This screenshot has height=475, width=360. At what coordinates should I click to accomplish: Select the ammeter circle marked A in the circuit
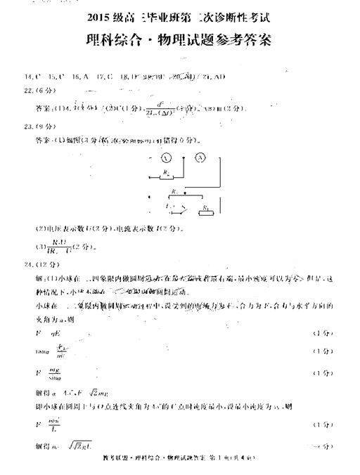point(200,157)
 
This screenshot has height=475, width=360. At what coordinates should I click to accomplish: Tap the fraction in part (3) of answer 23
point(53,247)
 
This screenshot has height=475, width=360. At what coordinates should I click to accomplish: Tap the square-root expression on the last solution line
point(79,446)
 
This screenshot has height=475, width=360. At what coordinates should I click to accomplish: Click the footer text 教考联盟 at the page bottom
point(113,466)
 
